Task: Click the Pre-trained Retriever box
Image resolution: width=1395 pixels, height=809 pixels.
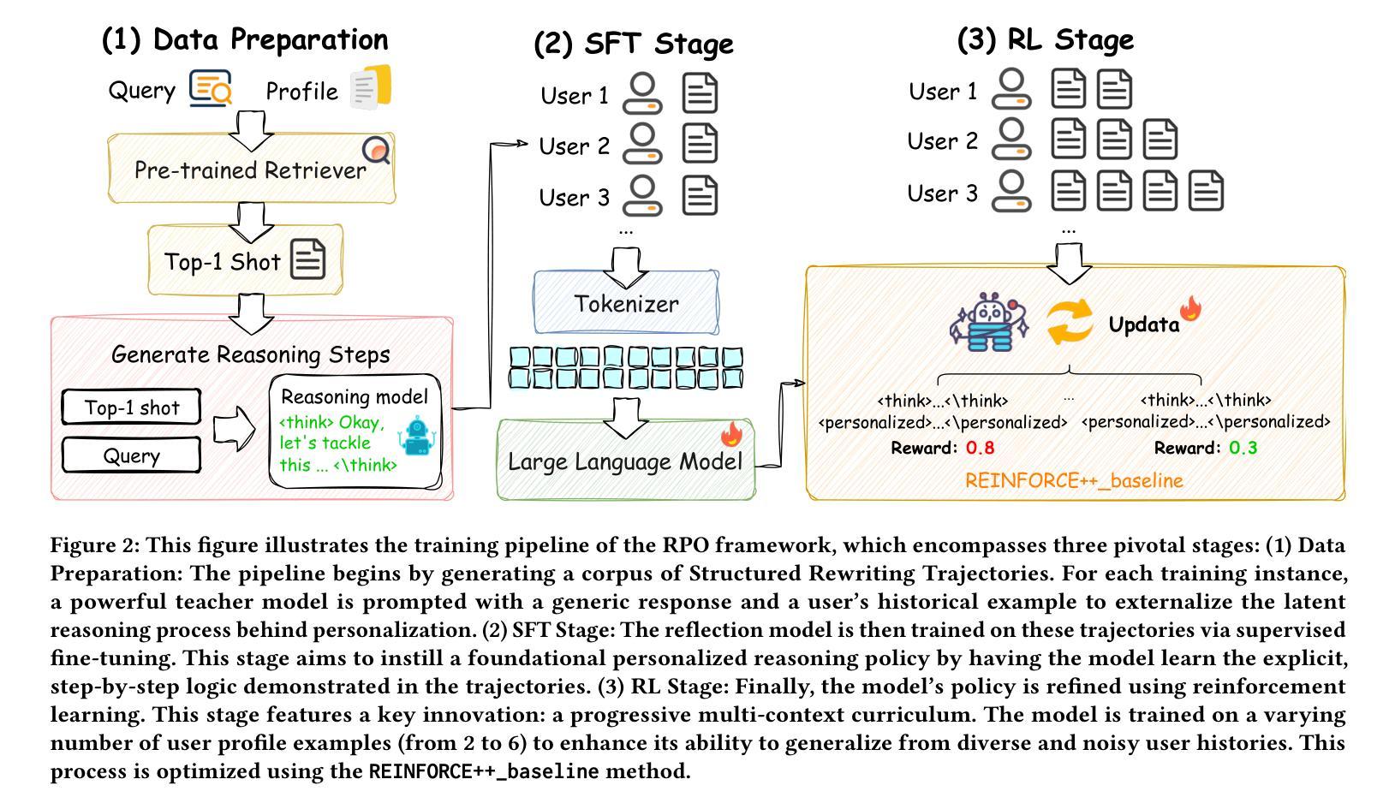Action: coord(252,168)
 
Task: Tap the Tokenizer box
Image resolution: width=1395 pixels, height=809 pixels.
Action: coord(626,303)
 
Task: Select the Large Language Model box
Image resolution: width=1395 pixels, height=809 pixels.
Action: coord(626,461)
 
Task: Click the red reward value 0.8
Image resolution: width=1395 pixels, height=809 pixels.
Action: coord(980,448)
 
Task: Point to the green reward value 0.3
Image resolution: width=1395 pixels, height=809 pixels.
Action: coord(1243,448)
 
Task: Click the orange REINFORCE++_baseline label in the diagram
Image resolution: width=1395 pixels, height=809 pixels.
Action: coord(1074,480)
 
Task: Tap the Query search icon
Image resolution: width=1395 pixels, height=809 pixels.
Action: coord(211,88)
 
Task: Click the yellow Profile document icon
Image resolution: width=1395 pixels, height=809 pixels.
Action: coord(371,87)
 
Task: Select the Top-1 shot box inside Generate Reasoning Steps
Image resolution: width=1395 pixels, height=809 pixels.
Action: coord(131,407)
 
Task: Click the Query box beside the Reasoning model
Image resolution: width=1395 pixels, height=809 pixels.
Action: coord(131,455)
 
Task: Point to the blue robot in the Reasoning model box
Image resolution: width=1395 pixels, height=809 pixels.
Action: coord(417,436)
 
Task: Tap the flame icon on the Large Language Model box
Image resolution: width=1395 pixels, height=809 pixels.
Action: coord(731,434)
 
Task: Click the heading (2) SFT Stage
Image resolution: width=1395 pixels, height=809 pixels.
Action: coord(634,45)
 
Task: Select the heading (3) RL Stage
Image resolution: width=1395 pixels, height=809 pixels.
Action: coord(1045,40)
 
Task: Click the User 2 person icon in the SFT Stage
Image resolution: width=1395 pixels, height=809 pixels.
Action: coord(642,143)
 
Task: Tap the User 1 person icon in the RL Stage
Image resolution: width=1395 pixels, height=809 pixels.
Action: coord(1011,88)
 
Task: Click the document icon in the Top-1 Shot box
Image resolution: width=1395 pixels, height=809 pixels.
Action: coord(308,259)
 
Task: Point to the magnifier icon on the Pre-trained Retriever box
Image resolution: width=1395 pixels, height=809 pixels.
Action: coord(377,150)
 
